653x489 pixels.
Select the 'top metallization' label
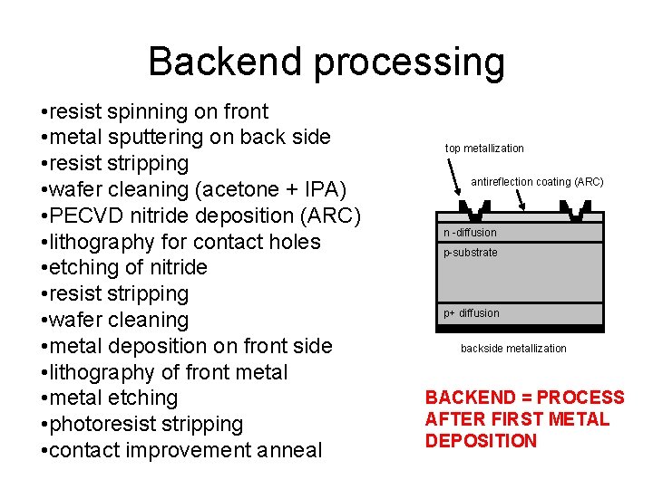point(484,149)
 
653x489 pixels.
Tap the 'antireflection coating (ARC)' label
point(537,182)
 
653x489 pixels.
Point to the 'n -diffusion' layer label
point(470,233)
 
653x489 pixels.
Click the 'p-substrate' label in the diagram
point(470,253)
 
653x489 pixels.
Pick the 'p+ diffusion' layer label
point(471,313)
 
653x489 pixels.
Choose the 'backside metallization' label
point(513,349)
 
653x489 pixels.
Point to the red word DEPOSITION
point(481,441)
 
